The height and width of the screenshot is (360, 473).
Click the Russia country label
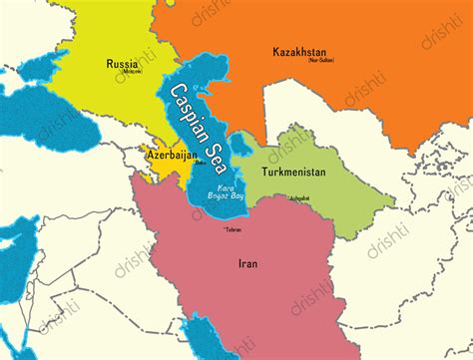pyautogui.click(x=122, y=64)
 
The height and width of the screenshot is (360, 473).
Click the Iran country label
pyautogui.click(x=246, y=265)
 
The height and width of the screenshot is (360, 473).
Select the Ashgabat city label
pyautogui.click(x=299, y=197)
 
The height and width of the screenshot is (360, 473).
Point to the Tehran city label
pyautogui.click(x=235, y=230)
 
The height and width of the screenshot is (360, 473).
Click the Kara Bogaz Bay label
pyautogui.click(x=226, y=190)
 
